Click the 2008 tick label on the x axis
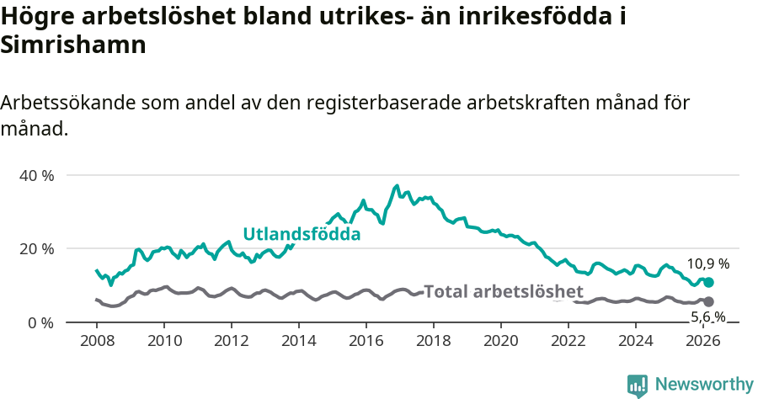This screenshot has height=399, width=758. click(x=97, y=341)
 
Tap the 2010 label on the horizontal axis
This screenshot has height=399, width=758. click(x=164, y=341)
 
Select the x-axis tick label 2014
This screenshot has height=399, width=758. click(x=299, y=341)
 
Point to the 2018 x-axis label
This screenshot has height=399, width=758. click(x=434, y=341)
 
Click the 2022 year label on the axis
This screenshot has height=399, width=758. click(x=568, y=341)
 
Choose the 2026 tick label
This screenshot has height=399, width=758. click(x=703, y=341)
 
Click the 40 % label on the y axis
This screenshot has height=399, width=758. click(x=36, y=175)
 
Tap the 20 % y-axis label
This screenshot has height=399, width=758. click(x=36, y=249)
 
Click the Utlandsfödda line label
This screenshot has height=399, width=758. click(x=302, y=234)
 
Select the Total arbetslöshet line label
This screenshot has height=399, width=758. click(x=503, y=292)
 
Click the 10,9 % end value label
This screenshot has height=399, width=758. click(x=707, y=263)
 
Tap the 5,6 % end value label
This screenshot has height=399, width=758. click(x=707, y=317)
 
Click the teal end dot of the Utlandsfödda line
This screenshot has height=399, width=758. click(x=708, y=283)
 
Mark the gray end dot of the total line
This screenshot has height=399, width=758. click(x=708, y=301)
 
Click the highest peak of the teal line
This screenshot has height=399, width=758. click(x=397, y=185)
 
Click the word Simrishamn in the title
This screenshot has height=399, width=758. click(x=74, y=45)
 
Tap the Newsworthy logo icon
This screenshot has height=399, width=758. click(x=638, y=385)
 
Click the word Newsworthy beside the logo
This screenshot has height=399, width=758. click(x=703, y=385)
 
